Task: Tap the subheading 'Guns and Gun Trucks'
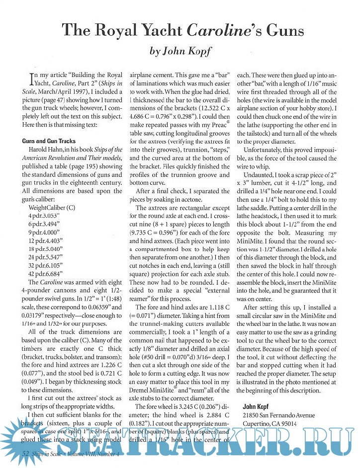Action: coord(49,141)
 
